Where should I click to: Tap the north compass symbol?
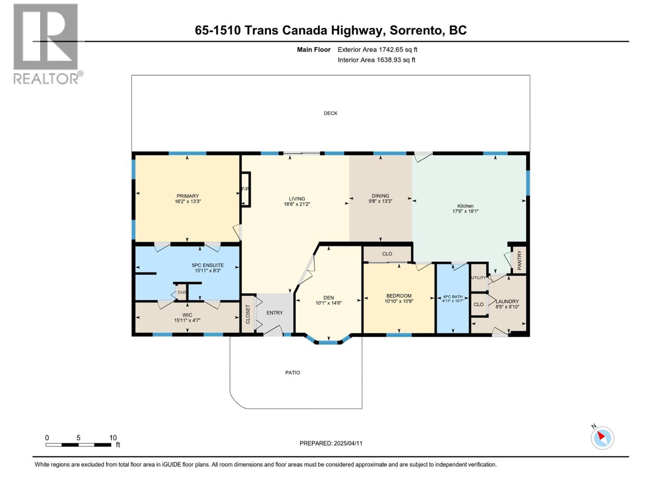click(x=602, y=438)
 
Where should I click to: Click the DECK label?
click(x=330, y=113)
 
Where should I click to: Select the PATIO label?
click(x=293, y=373)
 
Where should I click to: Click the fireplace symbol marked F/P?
click(x=245, y=189)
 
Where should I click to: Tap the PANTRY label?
click(x=520, y=260)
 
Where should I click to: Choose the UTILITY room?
click(x=478, y=277)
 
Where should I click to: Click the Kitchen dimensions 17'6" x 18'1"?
click(x=465, y=211)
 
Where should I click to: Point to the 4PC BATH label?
click(x=453, y=297)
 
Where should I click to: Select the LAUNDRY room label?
click(x=507, y=302)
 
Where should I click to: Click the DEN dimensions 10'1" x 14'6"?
click(x=329, y=303)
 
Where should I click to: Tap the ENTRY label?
click(x=274, y=313)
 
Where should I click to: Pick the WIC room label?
click(x=187, y=315)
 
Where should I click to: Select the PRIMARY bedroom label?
click(x=187, y=196)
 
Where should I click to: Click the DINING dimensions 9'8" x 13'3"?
click(x=380, y=201)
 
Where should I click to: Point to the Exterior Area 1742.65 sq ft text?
click(x=377, y=50)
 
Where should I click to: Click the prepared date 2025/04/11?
click(x=331, y=443)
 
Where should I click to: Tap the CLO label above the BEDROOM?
click(x=387, y=254)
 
